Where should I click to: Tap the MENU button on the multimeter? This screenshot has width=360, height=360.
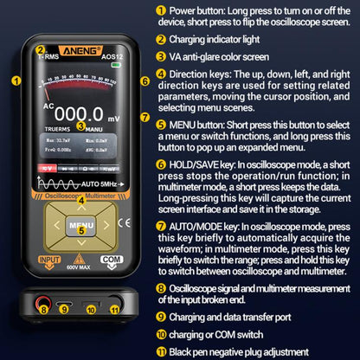point(81,224)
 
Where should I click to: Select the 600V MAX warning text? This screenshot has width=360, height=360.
point(80,267)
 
